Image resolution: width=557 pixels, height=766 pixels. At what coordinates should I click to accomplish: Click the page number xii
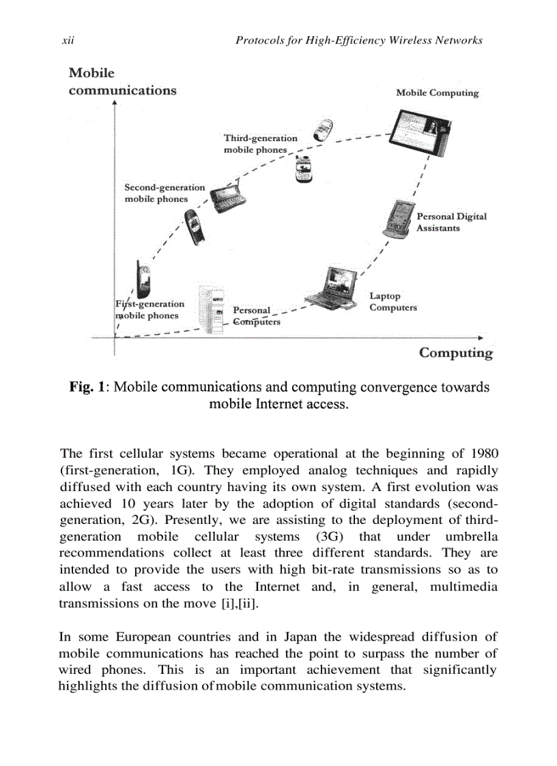point(68,41)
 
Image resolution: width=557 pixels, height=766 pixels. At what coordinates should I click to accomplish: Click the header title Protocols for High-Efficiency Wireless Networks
point(358,41)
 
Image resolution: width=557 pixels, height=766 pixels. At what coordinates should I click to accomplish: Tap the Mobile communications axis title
point(122,82)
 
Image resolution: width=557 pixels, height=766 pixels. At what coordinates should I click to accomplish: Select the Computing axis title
point(455,353)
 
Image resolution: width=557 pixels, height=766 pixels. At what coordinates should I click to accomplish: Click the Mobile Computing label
point(437,93)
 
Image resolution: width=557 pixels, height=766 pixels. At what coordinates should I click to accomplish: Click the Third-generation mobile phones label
point(260,144)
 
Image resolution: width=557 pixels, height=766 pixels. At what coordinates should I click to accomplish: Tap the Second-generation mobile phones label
point(164,193)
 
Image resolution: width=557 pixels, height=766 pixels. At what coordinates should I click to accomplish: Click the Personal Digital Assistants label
point(451,222)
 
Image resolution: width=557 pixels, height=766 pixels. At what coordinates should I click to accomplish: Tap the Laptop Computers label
point(392,302)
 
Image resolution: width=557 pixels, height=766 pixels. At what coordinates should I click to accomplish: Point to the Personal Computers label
point(256,316)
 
